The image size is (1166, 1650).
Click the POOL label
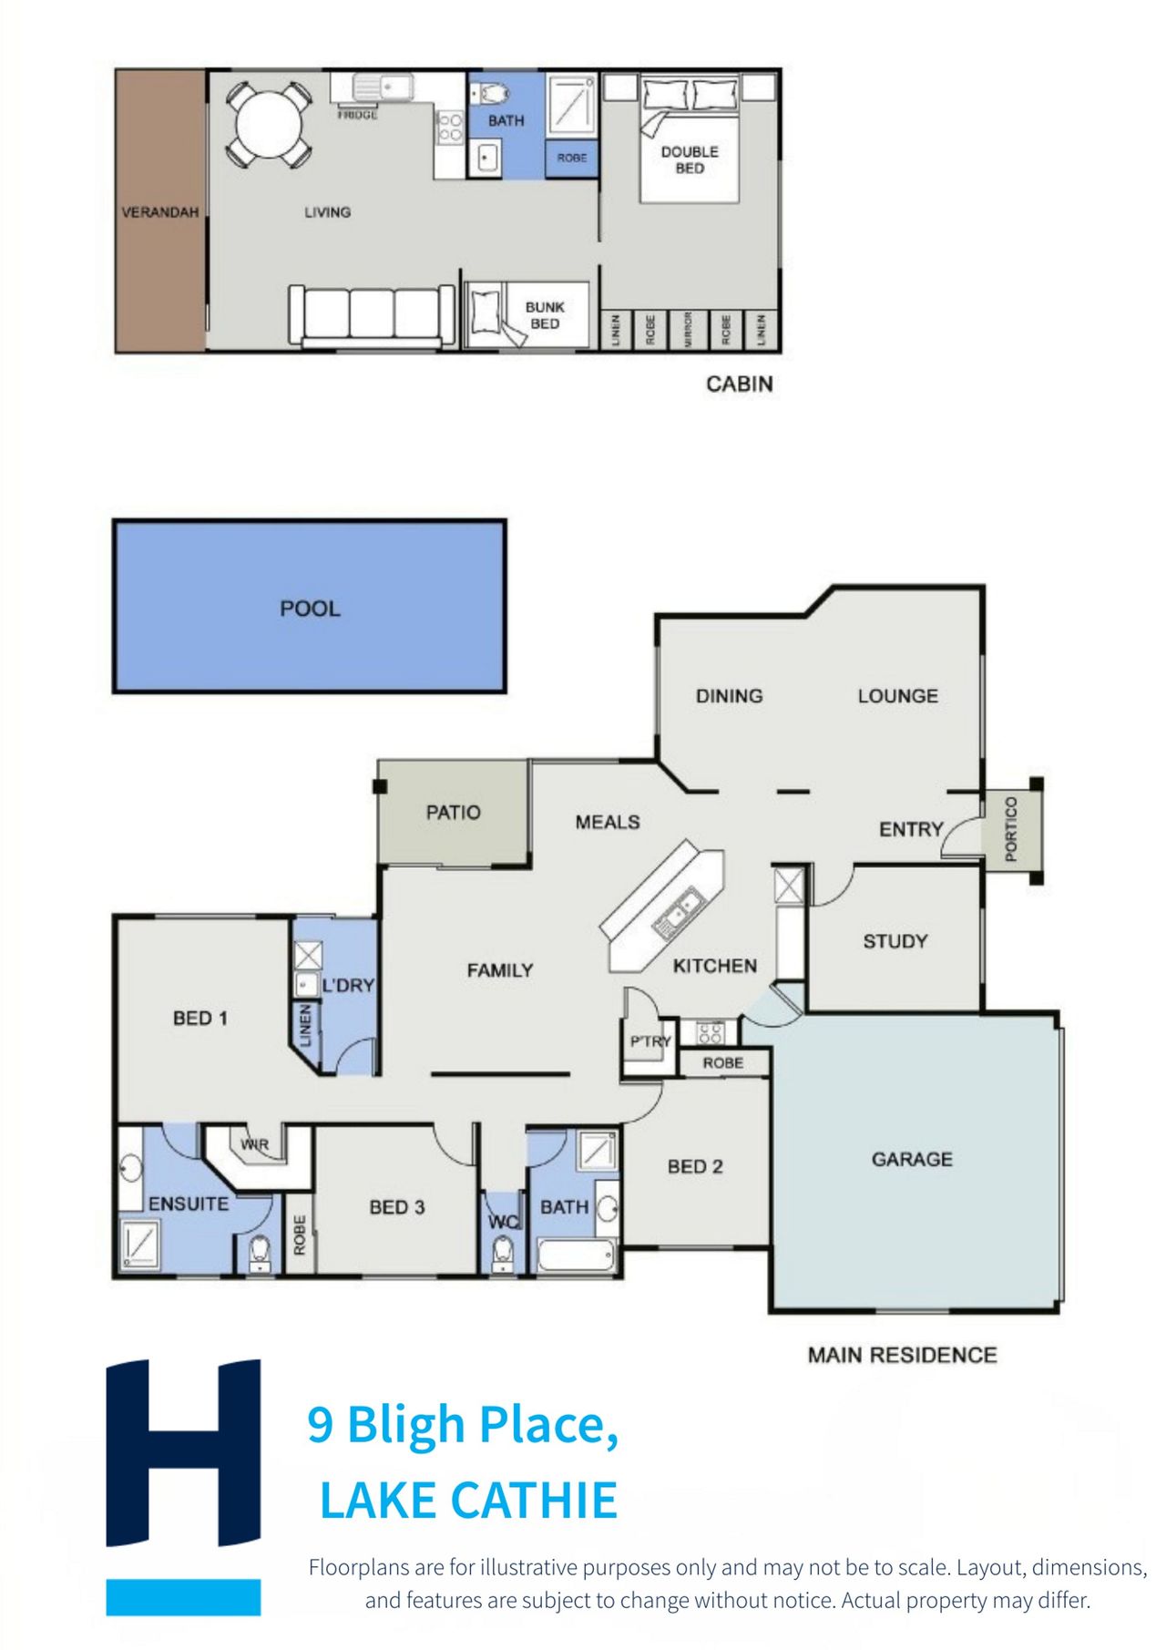pyautogui.click(x=310, y=609)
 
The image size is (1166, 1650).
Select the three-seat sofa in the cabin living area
pyautogui.click(x=372, y=315)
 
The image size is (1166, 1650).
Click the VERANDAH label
pyautogui.click(x=160, y=212)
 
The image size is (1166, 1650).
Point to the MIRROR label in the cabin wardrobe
pyautogui.click(x=688, y=329)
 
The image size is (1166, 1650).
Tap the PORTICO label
pyautogui.click(x=1010, y=828)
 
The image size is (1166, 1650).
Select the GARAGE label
pyautogui.click(x=912, y=1159)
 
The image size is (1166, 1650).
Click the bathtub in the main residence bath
pyautogui.click(x=576, y=1255)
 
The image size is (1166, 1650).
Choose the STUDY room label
pyautogui.click(x=895, y=941)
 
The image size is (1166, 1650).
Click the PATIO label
pyautogui.click(x=453, y=812)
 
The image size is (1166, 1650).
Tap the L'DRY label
pyautogui.click(x=348, y=985)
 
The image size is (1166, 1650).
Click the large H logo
pyautogui.click(x=183, y=1452)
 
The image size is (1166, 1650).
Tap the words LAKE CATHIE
pyautogui.click(x=468, y=1501)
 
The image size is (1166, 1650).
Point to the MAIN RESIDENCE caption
pyautogui.click(x=902, y=1355)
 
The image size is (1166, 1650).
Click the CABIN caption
pyautogui.click(x=740, y=384)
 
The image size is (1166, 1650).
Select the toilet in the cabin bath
pyautogui.click(x=493, y=93)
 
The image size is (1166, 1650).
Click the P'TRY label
pyautogui.click(x=650, y=1041)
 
